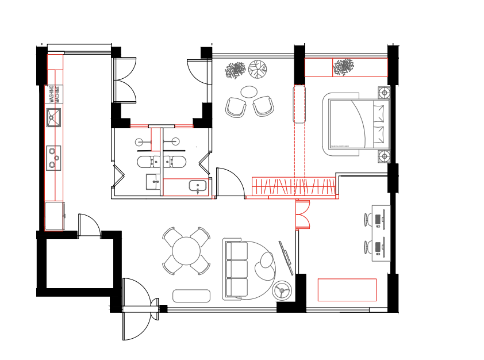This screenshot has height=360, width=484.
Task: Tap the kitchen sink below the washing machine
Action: coord(53,117)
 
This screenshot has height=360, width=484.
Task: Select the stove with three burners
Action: coord(53,158)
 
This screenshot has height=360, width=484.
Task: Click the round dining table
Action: coord(186,251)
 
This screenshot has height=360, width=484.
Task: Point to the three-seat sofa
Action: coord(237,269)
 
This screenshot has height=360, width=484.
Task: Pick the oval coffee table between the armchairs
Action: coord(249,91)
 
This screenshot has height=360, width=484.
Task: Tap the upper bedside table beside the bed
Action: coord(384,93)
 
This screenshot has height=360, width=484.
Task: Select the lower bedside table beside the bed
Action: coord(384,156)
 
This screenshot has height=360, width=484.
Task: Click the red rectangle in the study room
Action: coord(347,290)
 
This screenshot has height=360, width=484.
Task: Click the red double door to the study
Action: coord(303,215)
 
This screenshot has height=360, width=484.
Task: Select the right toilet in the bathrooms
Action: coord(175,162)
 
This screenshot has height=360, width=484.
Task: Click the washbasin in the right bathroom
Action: coord(197,186)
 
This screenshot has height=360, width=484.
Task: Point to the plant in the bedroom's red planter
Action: coord(344,67)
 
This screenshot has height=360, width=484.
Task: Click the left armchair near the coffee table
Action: coord(235,108)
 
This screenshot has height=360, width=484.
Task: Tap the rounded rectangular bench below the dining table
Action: coord(191,296)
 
